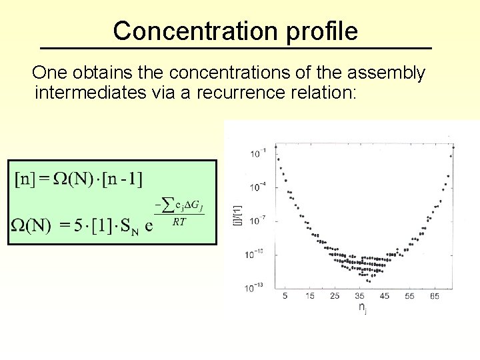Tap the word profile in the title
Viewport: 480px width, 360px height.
321,31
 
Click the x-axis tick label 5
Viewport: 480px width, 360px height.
286,295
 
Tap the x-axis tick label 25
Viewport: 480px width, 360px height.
335,295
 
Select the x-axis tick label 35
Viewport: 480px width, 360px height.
360,295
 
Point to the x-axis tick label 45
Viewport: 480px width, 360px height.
385,295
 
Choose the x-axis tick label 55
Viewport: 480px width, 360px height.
409,295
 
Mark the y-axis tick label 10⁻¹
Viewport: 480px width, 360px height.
257,153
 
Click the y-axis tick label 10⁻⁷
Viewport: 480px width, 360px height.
257,219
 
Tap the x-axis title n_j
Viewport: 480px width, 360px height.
362,307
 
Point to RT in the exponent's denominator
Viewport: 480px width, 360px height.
179,222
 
